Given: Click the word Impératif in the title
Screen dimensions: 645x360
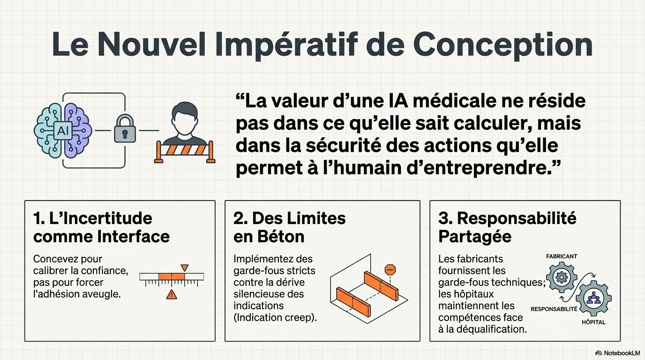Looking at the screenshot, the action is tap(286, 45).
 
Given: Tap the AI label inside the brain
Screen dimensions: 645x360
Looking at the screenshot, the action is tap(63, 131).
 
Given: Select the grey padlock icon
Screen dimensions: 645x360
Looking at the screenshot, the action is tap(125, 128).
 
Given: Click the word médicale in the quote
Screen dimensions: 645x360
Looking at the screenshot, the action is tap(452, 101).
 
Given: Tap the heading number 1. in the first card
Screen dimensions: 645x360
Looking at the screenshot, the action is tap(39, 218).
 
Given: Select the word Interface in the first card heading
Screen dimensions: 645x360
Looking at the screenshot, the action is tap(133, 236).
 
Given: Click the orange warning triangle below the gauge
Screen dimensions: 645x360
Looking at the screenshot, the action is tap(172, 294).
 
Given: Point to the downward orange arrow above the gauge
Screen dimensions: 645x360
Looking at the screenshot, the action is tap(185, 268).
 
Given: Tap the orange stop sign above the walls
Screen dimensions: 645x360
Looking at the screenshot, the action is tap(390, 270).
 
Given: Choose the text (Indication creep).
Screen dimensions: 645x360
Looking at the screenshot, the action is tap(275, 317).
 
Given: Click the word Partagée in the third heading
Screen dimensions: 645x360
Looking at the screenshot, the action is tap(475, 236).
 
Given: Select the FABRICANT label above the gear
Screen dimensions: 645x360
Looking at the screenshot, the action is tap(562, 256).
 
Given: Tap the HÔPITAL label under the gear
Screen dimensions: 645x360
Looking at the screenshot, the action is tap(593, 322).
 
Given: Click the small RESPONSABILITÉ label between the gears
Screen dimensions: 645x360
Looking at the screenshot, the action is tap(554, 309).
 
